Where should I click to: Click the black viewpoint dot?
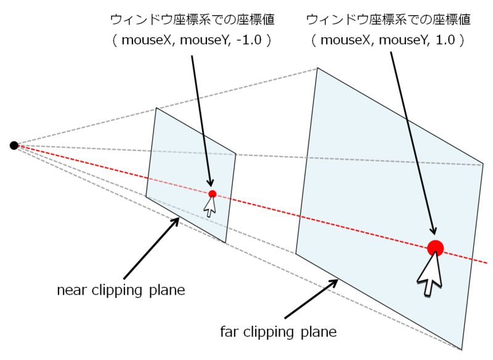[14, 145]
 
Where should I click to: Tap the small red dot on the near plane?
[213, 194]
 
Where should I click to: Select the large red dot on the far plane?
[436, 248]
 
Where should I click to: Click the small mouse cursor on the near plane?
[210, 206]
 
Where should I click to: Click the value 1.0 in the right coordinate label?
[446, 40]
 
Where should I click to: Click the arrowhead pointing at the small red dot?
[210, 182]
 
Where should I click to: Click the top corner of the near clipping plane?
[157, 108]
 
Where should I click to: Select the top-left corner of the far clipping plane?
[317, 68]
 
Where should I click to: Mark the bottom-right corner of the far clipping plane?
[462, 350]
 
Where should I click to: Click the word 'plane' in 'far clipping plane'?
[319, 332]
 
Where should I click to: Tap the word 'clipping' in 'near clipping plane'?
[116, 290]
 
